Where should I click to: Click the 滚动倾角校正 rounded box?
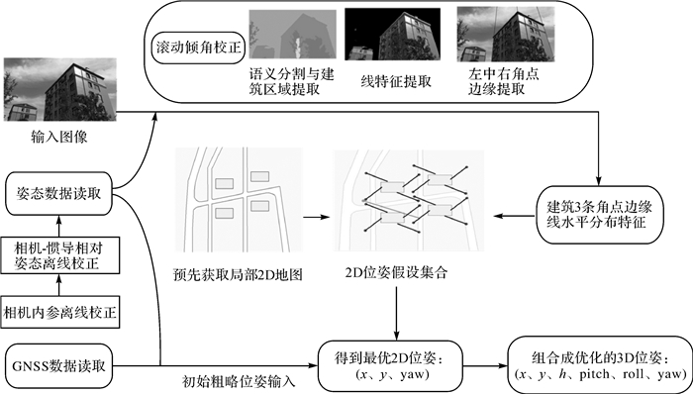tap(198, 48)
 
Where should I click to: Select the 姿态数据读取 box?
tap(58, 194)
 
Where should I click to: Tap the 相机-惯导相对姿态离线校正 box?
tap(60, 255)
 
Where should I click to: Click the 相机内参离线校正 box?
tap(60, 312)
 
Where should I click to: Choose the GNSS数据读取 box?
tap(58, 365)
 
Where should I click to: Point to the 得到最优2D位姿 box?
tap(390, 366)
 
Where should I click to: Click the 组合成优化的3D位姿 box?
tap(600, 366)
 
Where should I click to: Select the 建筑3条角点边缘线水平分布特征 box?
tap(600, 215)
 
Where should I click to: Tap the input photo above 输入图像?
tap(60, 89)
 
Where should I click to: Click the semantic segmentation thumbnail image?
tap(293, 35)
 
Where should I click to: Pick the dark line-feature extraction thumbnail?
tap(392, 34)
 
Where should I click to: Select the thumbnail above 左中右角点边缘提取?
tap(506, 34)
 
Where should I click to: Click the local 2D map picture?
tap(239, 200)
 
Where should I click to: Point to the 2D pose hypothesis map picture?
tap(409, 201)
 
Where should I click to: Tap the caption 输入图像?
tap(59, 137)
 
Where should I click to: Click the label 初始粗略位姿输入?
tap(240, 381)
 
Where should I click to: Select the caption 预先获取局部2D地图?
tap(239, 275)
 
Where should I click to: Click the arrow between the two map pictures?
tap(317, 217)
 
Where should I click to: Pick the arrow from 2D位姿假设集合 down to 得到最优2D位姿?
tap(396, 314)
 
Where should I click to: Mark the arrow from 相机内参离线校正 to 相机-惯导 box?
tap(59, 285)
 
